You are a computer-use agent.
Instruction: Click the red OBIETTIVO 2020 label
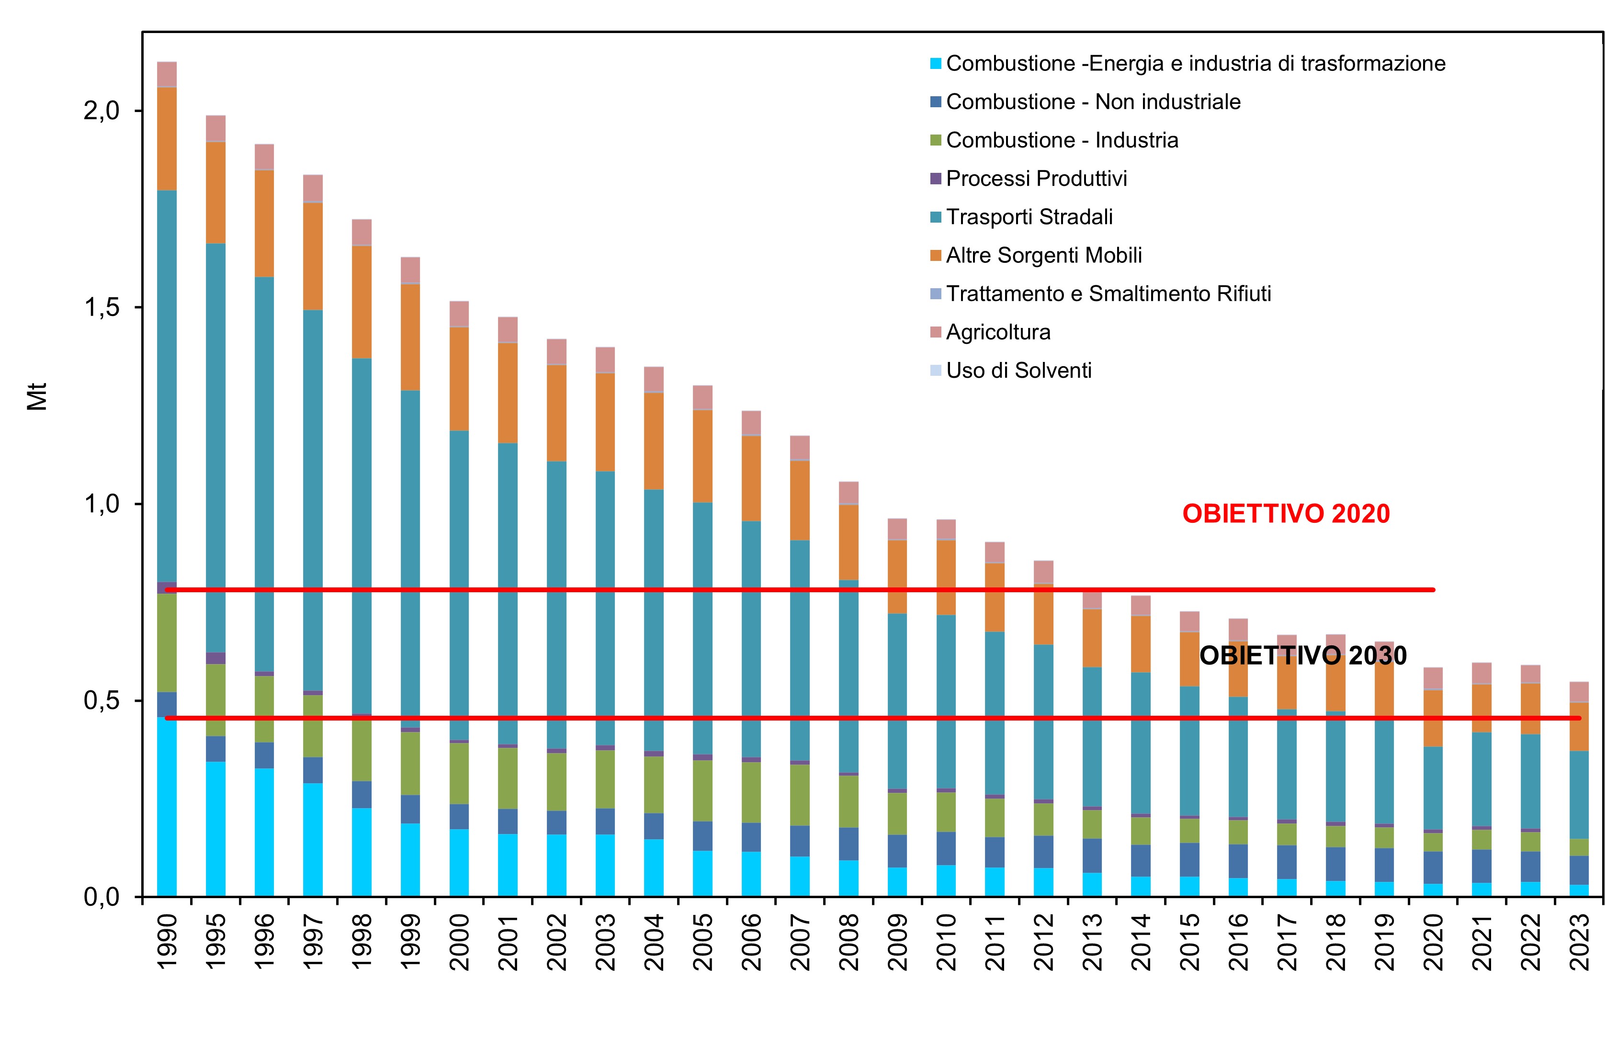[1286, 514]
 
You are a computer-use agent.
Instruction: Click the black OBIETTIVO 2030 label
[1302, 656]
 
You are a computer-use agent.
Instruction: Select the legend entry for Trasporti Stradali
[1029, 217]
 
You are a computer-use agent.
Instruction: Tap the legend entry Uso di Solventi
[1018, 371]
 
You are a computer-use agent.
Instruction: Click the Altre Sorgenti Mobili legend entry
[1043, 256]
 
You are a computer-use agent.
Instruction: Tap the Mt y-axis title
[38, 397]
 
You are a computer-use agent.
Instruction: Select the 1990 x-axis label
[167, 941]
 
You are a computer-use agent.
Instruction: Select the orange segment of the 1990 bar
[167, 138]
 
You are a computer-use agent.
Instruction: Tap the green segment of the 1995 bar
[216, 700]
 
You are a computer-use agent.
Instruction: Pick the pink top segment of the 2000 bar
[459, 314]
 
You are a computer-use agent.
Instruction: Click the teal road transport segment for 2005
[702, 628]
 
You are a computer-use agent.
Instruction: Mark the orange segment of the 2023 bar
[1579, 727]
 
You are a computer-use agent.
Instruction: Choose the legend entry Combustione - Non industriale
[1093, 102]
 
